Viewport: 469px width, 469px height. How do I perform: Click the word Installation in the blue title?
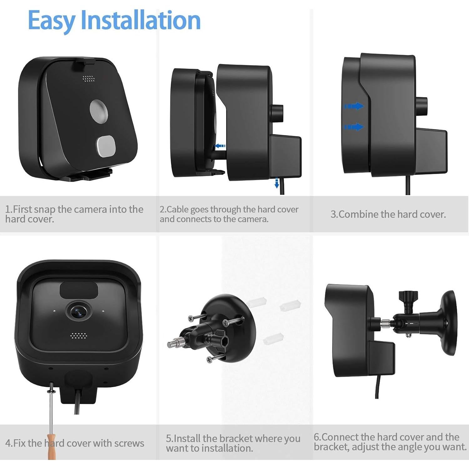click(140, 20)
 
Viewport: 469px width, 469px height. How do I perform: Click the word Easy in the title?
click(51, 21)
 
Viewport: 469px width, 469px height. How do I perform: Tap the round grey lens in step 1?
click(99, 110)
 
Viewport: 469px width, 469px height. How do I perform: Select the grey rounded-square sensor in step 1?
click(106, 146)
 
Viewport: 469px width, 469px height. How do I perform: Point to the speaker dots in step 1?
click(88, 78)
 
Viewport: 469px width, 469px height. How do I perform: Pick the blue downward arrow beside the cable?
click(277, 183)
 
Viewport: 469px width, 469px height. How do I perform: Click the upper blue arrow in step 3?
click(354, 106)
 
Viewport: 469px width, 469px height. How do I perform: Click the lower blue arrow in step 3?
click(354, 127)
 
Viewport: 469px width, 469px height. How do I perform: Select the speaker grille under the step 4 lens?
click(78, 336)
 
